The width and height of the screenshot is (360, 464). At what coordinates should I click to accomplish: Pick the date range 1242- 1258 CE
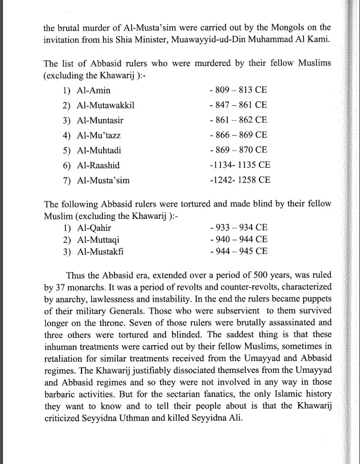coord(240,178)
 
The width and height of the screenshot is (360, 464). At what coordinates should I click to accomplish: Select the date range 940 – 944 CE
coord(239,239)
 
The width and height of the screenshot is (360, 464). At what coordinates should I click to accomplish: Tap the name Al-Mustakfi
coord(102,251)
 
